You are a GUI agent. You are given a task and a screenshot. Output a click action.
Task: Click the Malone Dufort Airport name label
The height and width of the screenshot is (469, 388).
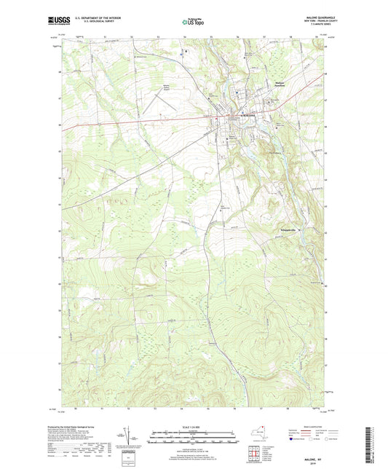pyautogui.click(x=167, y=90)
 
